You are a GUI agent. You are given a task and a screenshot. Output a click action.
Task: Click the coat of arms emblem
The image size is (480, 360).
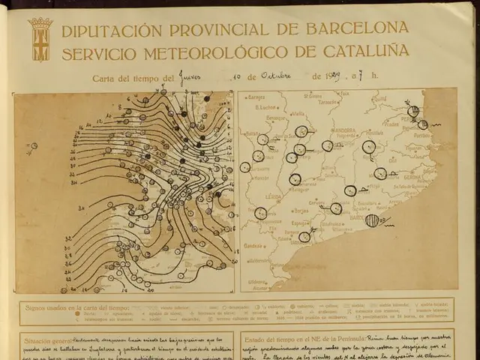pos(40,39)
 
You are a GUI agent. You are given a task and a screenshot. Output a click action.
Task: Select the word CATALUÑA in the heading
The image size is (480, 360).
pos(366,52)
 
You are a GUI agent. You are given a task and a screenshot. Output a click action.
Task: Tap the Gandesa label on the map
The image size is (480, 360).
pos(253,245)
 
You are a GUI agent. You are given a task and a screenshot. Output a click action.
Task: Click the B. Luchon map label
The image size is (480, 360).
pos(266,107)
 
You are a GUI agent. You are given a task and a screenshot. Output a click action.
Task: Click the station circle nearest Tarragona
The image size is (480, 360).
pos(304,237)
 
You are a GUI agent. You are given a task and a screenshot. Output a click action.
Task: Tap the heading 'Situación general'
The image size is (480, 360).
pos(48,340)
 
